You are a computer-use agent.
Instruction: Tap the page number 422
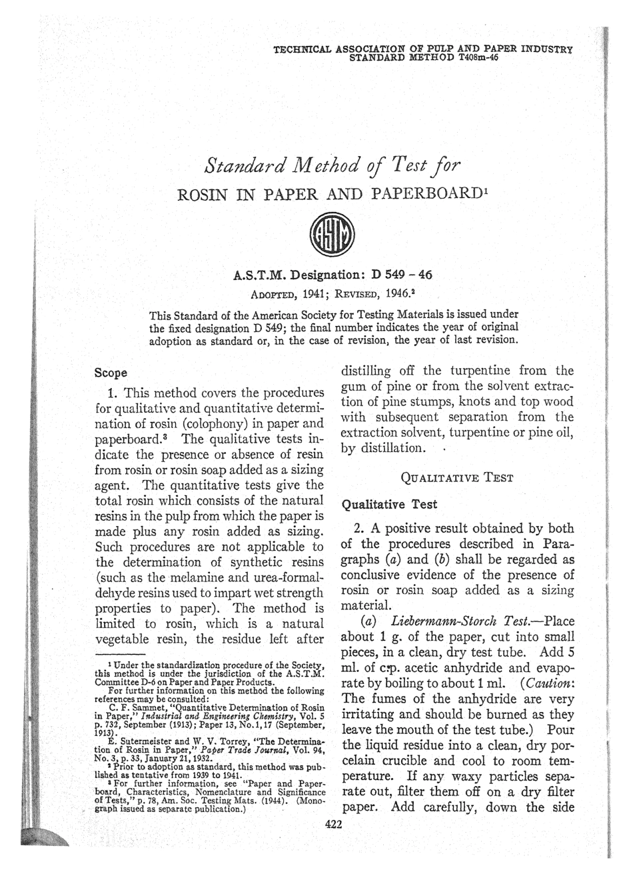pos(332,824)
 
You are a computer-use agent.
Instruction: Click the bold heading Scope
pos(111,373)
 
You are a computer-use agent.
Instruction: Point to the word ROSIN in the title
pos(202,195)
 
